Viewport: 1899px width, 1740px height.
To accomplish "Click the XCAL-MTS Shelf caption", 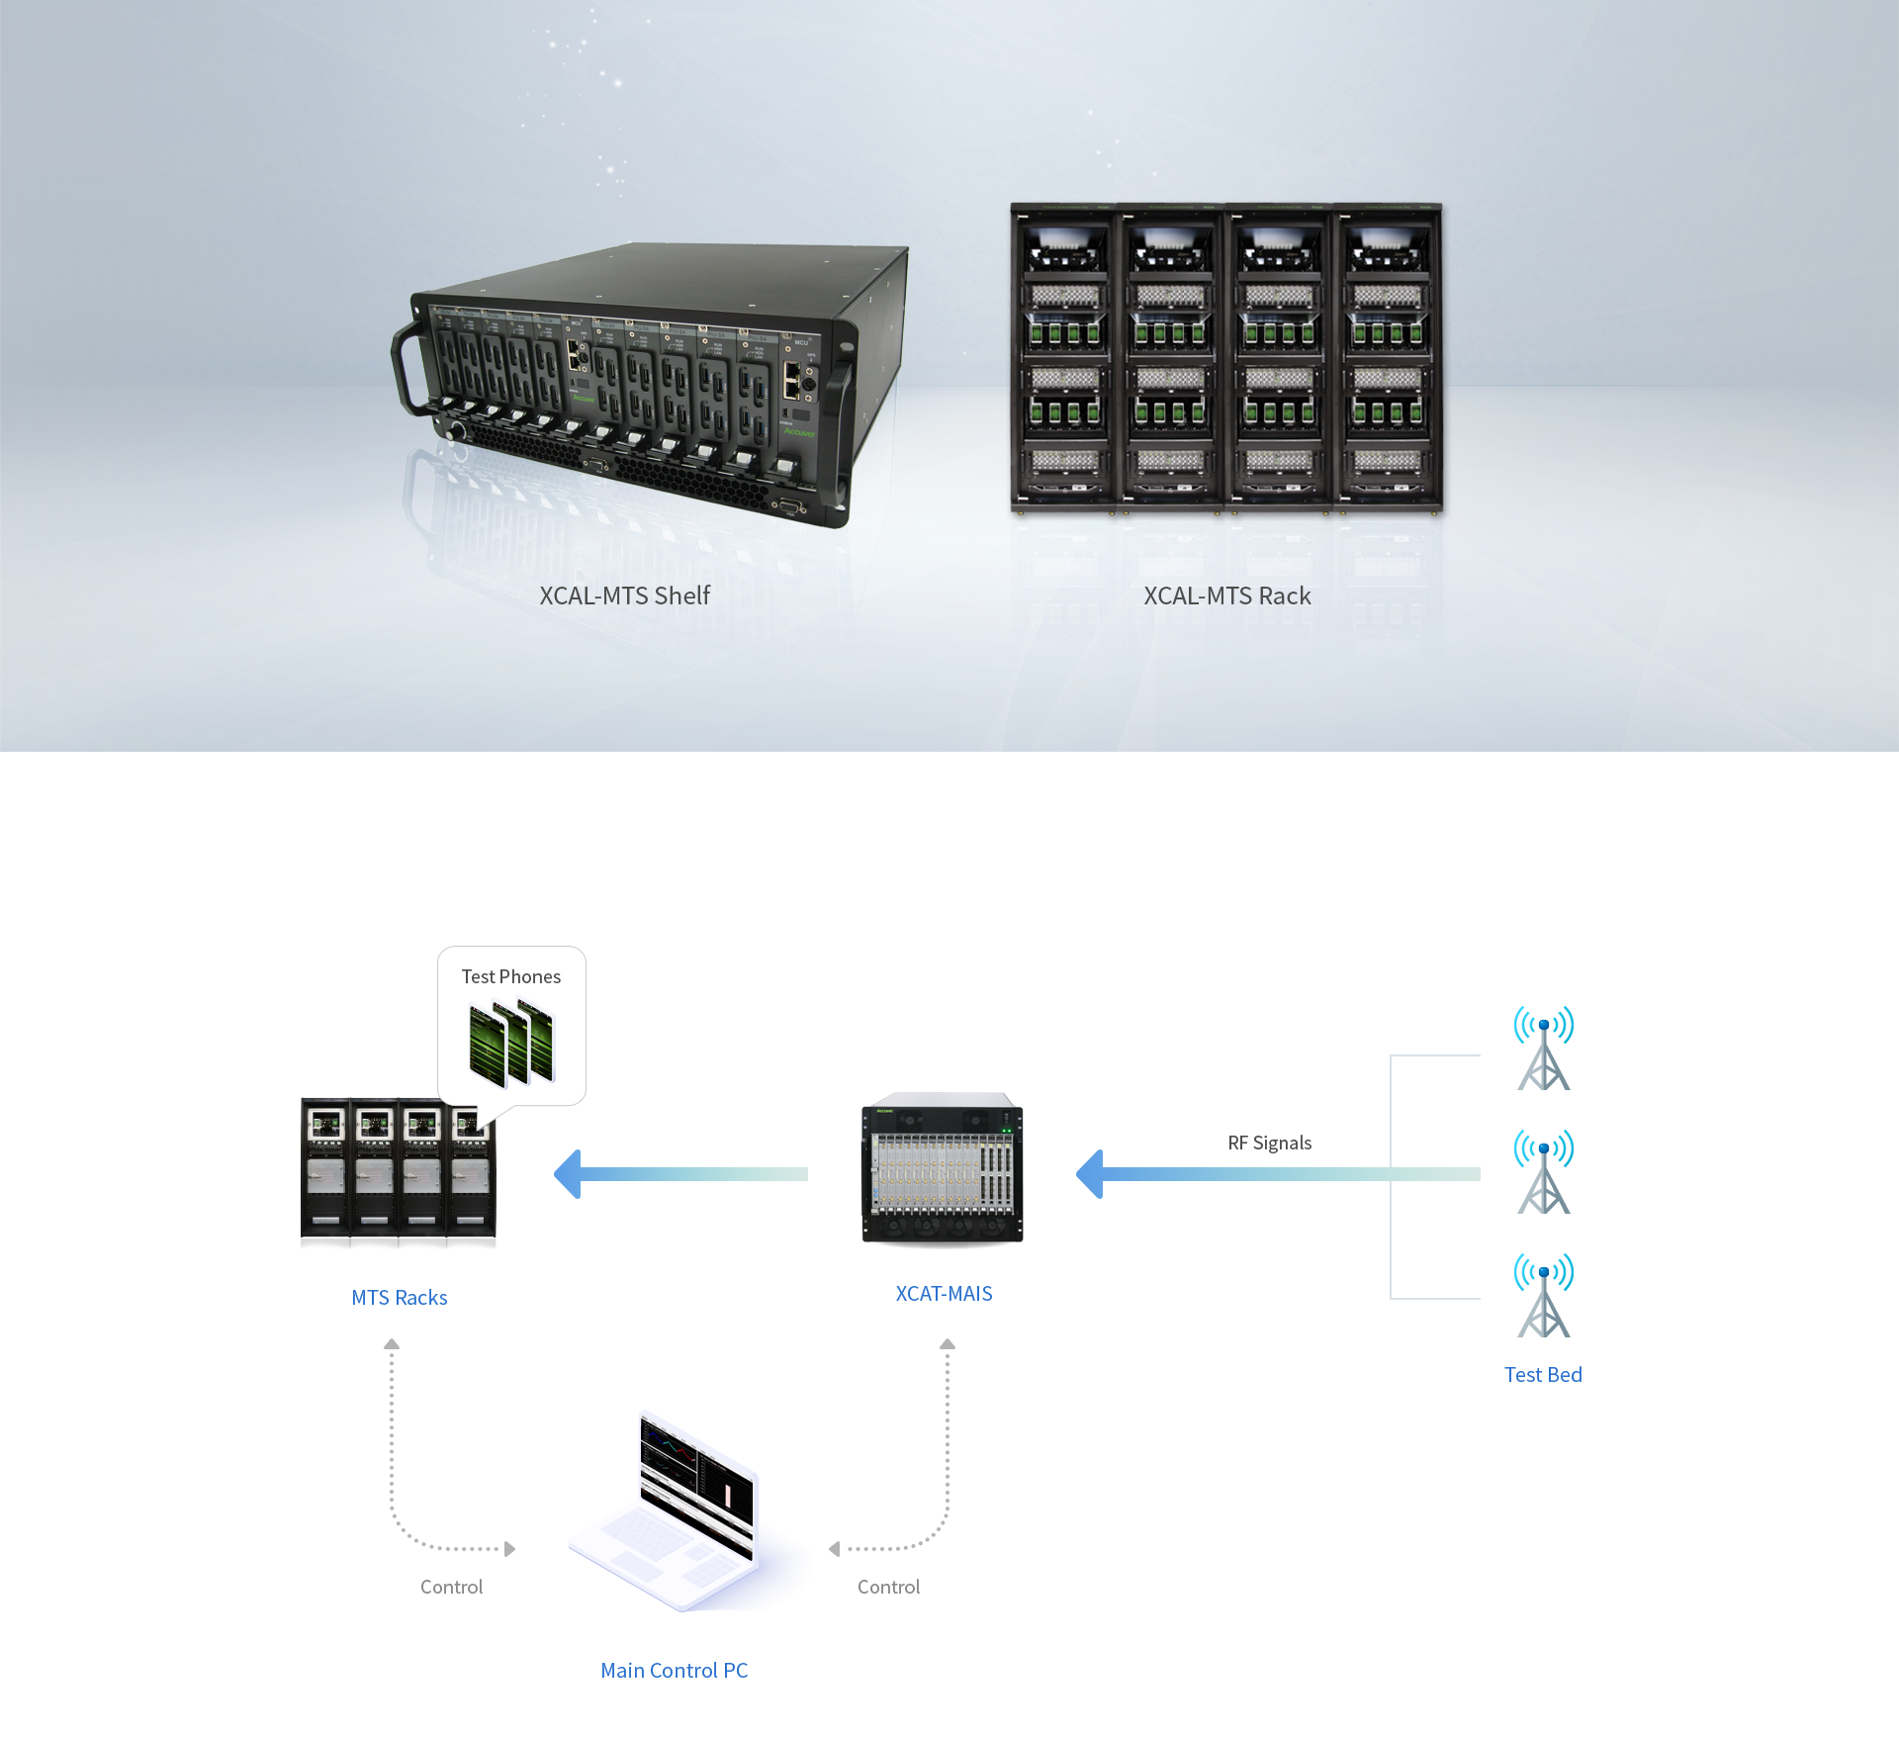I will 624,595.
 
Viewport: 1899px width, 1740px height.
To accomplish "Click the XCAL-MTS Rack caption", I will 1226,595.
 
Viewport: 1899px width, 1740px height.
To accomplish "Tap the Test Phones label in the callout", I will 510,976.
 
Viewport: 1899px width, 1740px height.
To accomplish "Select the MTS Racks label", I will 400,1297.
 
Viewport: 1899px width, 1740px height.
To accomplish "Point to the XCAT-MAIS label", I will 944,1293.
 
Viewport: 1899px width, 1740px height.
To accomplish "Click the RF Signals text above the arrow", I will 1269,1143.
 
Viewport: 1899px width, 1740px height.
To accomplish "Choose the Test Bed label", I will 1542,1374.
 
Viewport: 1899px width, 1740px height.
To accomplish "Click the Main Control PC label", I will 674,1670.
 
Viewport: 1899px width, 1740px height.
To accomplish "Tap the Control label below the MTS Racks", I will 451,1587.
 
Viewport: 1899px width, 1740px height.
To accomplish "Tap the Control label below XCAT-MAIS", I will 888,1587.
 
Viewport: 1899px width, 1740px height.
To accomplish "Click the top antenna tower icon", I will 1543,1049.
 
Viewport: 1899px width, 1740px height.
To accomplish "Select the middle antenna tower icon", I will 1543,1172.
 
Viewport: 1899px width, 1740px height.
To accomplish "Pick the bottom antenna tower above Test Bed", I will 1543,1296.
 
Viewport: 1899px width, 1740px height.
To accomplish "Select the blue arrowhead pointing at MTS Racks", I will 568,1174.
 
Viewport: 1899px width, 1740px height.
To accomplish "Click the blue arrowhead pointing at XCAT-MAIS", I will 1089,1174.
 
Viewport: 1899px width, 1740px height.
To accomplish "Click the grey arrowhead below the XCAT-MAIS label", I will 948,1344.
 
